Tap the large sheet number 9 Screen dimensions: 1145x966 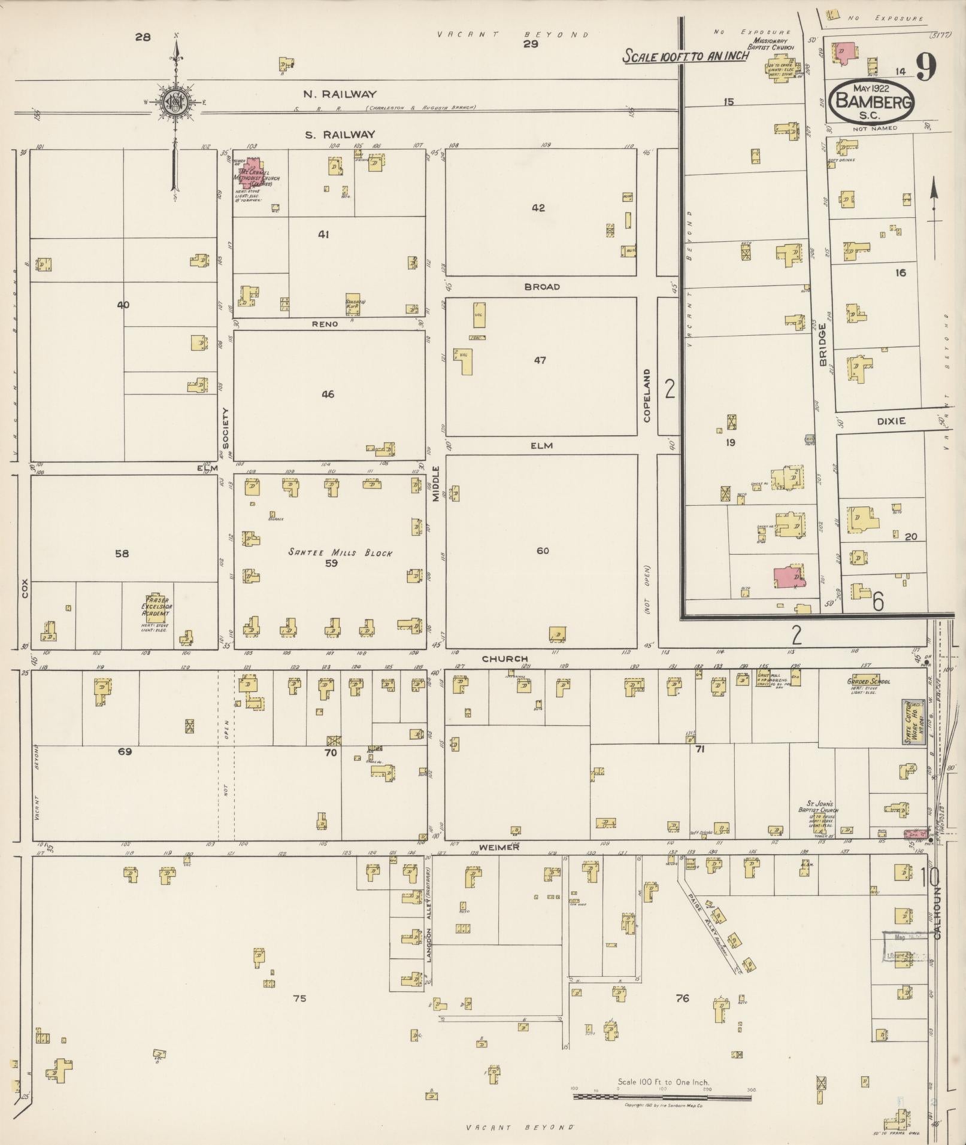[x=925, y=68]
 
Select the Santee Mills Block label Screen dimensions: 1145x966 [x=340, y=553]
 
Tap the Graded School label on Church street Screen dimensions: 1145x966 [x=868, y=681]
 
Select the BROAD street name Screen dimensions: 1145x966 [x=541, y=287]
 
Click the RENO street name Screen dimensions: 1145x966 [x=325, y=324]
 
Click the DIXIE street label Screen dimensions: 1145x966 [x=891, y=421]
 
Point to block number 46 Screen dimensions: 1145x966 [x=327, y=394]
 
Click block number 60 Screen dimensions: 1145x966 [x=542, y=551]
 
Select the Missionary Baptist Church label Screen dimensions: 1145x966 [x=774, y=44]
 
